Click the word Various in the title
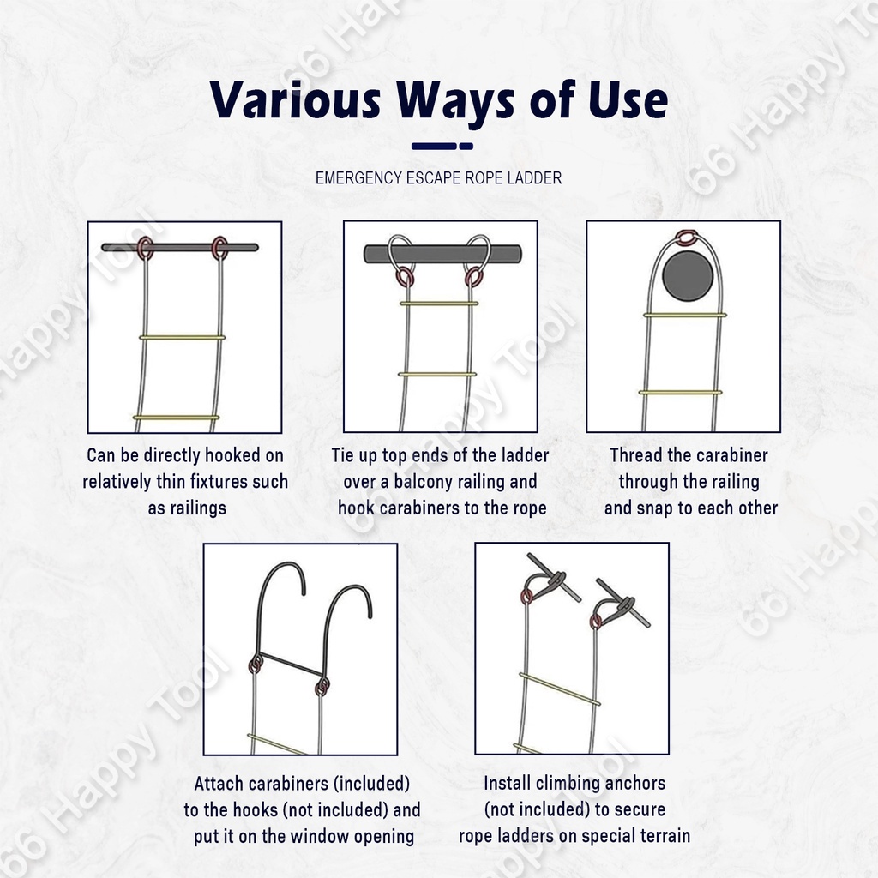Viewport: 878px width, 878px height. pyautogui.click(x=295, y=99)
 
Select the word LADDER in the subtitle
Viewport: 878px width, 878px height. pyautogui.click(x=534, y=178)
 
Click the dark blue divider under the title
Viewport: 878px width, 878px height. pyautogui.click(x=442, y=146)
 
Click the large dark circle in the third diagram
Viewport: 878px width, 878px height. pyautogui.click(x=688, y=275)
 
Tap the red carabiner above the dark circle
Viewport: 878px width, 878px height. pyautogui.click(x=688, y=238)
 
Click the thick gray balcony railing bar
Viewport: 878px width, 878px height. pyautogui.click(x=443, y=254)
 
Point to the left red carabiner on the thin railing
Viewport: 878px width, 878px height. pyautogui.click(x=145, y=247)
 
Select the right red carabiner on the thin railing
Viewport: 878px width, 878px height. pyautogui.click(x=220, y=247)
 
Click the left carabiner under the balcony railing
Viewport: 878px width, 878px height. pyautogui.click(x=405, y=277)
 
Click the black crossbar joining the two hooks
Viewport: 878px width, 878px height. pyautogui.click(x=290, y=665)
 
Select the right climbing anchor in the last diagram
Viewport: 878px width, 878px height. pyautogui.click(x=622, y=603)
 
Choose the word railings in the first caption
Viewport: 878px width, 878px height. pyautogui.click(x=198, y=508)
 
